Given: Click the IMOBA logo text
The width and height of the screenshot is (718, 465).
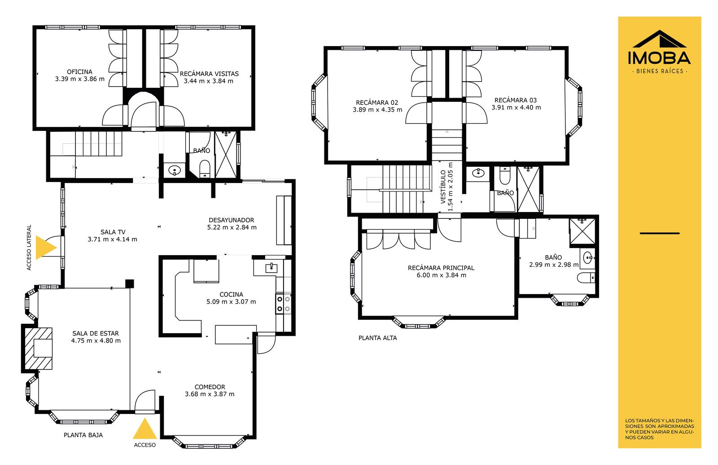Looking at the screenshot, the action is pos(659,58).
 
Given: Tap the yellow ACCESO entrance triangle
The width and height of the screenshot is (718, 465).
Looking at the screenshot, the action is pos(145,429).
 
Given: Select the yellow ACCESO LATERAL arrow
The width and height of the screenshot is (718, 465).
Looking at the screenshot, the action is pos(46,248).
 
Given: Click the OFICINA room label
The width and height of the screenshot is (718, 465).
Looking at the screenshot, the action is pos(79,72).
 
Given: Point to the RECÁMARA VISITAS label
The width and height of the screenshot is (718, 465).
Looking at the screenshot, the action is pos(209,74).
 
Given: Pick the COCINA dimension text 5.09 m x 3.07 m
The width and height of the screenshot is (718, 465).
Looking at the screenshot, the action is pos(231,302).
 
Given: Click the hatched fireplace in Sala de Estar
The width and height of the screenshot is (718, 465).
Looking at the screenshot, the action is pos(39,348).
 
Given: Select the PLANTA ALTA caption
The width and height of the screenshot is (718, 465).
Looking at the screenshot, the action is pos(377,338).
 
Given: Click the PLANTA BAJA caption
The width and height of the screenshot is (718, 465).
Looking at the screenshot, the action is pos(83,435).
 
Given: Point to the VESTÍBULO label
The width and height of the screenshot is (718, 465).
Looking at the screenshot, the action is pos(443,187).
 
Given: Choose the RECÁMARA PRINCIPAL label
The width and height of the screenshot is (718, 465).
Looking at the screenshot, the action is pos(441,268).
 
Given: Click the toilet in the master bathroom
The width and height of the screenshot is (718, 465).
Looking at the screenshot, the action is pos(586,278).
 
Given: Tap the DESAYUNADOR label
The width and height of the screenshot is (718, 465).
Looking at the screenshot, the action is pos(232,220).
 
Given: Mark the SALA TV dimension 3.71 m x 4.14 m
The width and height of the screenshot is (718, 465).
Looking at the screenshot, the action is pos(113,239).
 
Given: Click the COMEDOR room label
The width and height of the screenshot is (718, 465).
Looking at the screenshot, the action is pos(210,387).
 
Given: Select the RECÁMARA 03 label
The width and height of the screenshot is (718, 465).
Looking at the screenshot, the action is pos(516,100).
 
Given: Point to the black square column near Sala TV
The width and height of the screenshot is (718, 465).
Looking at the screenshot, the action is pos(130,284).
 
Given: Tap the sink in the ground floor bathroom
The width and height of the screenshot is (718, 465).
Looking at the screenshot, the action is pos(175,170).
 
